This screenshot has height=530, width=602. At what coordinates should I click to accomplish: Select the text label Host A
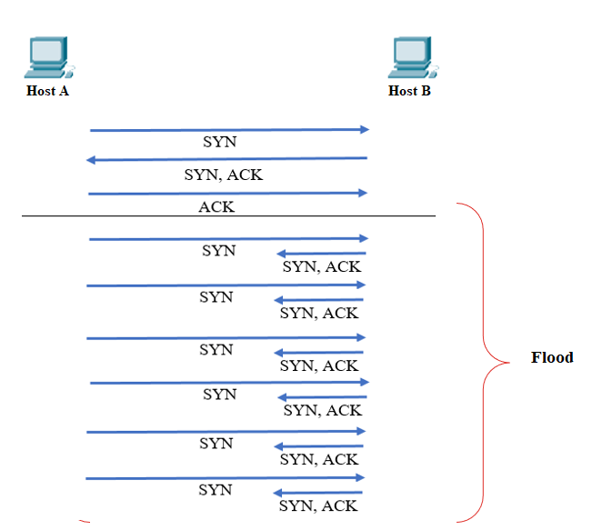(x=47, y=91)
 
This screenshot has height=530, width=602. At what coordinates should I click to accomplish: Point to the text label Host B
(x=409, y=91)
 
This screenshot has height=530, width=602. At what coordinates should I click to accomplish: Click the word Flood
(x=552, y=357)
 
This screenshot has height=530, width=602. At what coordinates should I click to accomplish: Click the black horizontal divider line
(x=227, y=215)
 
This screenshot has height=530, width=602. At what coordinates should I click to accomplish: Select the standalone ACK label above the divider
(x=216, y=206)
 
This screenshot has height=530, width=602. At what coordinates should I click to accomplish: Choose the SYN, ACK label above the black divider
(x=223, y=175)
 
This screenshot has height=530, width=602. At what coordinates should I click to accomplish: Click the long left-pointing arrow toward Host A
(x=227, y=159)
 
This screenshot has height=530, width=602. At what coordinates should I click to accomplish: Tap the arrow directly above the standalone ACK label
(x=227, y=193)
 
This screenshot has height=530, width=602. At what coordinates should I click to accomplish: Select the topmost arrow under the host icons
(x=227, y=130)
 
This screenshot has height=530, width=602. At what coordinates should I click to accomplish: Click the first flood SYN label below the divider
(x=218, y=251)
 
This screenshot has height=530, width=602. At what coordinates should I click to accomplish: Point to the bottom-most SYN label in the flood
(x=216, y=490)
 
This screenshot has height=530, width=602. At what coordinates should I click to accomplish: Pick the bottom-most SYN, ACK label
(x=318, y=505)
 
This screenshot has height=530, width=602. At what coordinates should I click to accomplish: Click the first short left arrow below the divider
(x=320, y=254)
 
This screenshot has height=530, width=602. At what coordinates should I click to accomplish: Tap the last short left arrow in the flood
(x=318, y=493)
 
